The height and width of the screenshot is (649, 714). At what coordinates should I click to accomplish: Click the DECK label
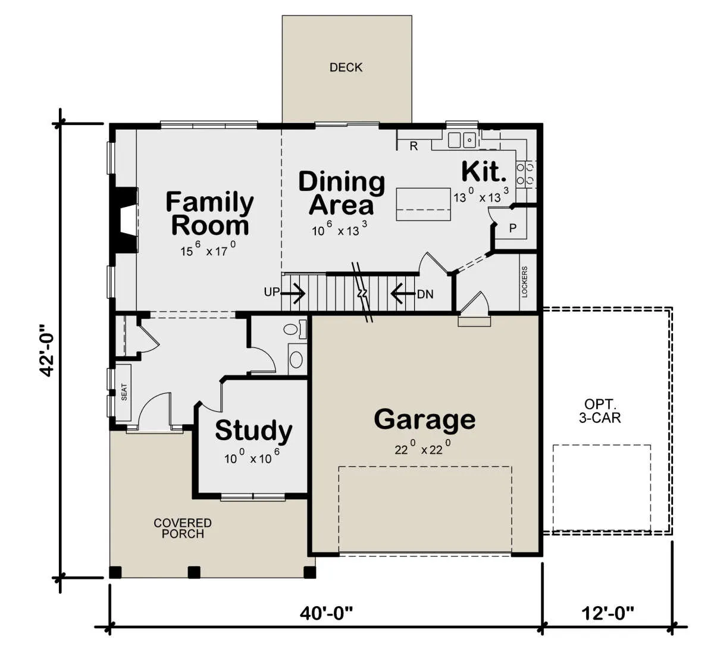(x=346, y=67)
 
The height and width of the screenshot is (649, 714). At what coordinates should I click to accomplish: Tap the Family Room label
(x=209, y=214)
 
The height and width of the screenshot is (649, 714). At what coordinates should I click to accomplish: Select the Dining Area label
(x=342, y=193)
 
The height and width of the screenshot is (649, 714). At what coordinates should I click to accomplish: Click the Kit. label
(x=484, y=171)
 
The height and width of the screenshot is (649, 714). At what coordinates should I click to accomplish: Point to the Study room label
(x=253, y=431)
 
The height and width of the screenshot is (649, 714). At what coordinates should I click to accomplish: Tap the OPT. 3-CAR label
(x=600, y=411)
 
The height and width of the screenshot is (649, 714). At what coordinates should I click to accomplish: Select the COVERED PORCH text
(x=183, y=528)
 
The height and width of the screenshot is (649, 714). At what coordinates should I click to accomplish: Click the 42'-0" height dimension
(x=46, y=350)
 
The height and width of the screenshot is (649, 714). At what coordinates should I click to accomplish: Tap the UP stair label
(x=271, y=292)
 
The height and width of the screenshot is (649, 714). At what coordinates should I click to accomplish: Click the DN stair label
(x=425, y=294)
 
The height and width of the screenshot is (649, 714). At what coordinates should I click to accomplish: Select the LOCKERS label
(x=524, y=281)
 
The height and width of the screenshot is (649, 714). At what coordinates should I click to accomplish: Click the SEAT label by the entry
(x=124, y=392)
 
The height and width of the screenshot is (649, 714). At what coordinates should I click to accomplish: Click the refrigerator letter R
(x=414, y=146)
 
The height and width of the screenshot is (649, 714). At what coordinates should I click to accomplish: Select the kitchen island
(x=424, y=205)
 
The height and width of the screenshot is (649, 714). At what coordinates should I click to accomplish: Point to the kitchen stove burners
(x=526, y=174)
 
